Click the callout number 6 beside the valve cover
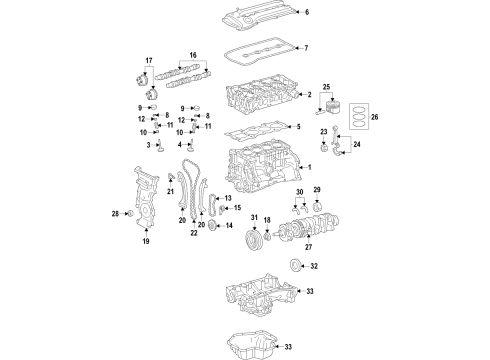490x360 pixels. click(x=307, y=13)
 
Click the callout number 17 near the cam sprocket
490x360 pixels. click(x=149, y=61)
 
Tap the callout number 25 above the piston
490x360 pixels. click(x=326, y=88)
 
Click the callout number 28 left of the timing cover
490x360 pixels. click(x=115, y=214)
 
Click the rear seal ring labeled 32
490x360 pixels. click(x=295, y=265)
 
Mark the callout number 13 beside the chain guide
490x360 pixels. click(x=228, y=199)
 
